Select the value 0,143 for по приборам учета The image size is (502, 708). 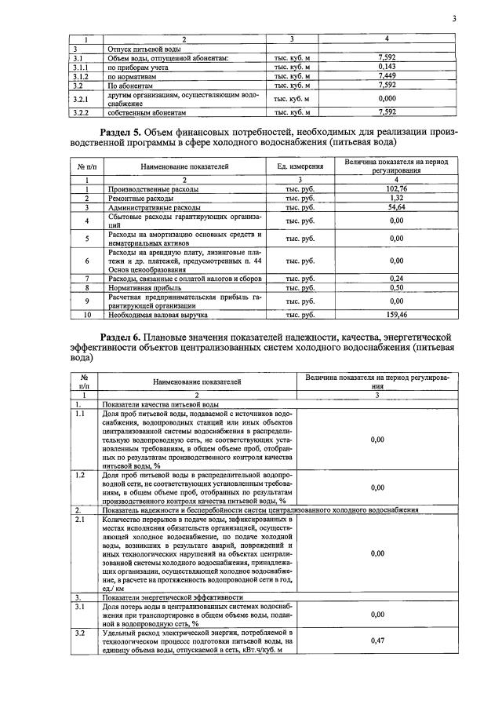386,67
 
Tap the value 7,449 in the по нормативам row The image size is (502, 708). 386,75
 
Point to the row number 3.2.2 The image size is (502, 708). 78,113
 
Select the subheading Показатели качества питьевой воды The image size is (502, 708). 152,403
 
